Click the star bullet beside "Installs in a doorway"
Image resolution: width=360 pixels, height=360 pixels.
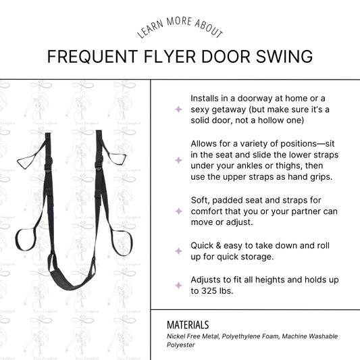[178, 109]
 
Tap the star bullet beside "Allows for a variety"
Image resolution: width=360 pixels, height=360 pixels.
[178, 160]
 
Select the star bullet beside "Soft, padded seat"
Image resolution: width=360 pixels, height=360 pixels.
[178, 211]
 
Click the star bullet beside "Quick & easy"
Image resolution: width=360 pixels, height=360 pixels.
[178, 251]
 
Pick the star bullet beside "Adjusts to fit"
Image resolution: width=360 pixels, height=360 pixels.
[178, 285]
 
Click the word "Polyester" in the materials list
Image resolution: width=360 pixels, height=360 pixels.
[182, 344]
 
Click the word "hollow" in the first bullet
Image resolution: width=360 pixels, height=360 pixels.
[278, 120]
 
